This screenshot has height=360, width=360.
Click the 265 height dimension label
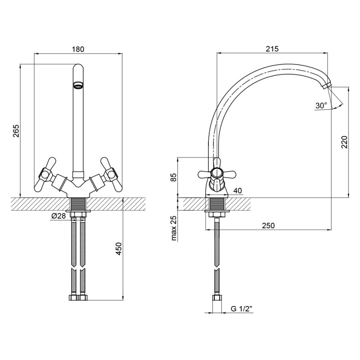pos(16,131)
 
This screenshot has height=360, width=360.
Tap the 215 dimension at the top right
pos(272,49)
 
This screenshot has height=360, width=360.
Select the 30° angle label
pos(321,106)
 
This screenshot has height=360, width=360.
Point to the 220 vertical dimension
pos(345,143)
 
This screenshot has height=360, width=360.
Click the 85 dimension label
pos(173,177)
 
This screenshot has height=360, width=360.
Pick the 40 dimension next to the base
pos(238,191)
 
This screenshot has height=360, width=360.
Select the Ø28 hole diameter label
pos(58,216)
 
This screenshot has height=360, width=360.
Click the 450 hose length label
pos(119,249)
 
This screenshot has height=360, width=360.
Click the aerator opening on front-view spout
pos(78,85)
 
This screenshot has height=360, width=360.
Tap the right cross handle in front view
pos(110,175)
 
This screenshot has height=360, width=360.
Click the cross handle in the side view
pos(217,173)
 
